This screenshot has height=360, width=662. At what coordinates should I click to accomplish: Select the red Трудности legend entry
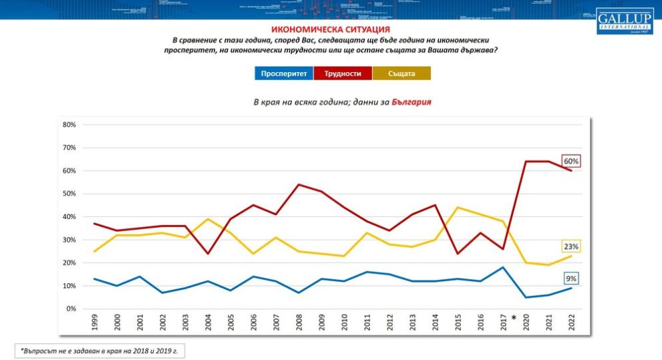(x=343, y=73)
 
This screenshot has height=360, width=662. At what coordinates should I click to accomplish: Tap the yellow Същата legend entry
(x=401, y=73)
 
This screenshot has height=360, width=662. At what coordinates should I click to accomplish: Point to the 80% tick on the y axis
(x=69, y=125)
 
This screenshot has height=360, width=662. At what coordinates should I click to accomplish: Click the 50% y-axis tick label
(x=69, y=194)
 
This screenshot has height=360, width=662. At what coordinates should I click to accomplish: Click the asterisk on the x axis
(x=514, y=318)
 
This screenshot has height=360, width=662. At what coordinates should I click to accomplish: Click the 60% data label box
(x=571, y=161)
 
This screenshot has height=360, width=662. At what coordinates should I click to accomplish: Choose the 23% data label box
(x=571, y=246)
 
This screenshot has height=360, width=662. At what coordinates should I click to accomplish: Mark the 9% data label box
(x=571, y=279)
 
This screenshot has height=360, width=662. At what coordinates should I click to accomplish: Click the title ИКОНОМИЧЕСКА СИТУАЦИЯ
(x=331, y=29)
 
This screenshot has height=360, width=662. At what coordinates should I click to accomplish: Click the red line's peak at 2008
(x=298, y=184)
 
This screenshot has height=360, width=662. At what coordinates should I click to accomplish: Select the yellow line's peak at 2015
(x=458, y=207)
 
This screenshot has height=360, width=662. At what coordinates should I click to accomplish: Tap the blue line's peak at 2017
(x=502, y=267)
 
